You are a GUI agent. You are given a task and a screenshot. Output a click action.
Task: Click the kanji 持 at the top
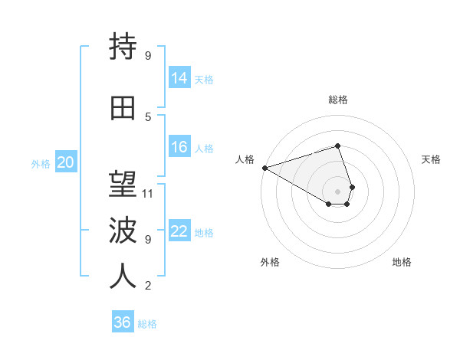(123, 47)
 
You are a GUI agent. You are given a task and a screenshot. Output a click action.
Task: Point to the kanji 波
(123, 231)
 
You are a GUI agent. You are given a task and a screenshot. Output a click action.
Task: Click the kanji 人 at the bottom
(123, 277)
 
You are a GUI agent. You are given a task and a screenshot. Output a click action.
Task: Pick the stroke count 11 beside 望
(148, 193)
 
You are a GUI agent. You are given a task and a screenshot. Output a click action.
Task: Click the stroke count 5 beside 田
(148, 116)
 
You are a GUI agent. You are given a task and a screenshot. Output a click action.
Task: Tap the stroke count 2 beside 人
(148, 286)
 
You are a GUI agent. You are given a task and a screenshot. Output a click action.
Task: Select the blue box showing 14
(179, 77)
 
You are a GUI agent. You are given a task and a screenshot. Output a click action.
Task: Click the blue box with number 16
(179, 147)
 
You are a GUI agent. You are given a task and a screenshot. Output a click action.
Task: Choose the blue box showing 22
(179, 231)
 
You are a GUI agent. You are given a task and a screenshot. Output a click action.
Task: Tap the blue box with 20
(66, 162)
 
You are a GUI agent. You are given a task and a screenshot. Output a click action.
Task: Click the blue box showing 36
(123, 322)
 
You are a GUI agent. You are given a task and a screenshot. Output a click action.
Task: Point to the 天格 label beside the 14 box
(204, 79)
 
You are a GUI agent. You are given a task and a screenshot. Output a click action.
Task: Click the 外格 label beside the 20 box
(41, 163)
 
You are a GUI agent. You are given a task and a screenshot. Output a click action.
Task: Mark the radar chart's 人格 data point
(264, 168)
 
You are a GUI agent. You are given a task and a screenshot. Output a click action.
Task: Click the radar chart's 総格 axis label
(338, 100)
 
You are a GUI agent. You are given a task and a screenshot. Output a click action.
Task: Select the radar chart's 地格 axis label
(402, 262)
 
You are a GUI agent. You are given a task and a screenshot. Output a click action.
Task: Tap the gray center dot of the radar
(338, 191)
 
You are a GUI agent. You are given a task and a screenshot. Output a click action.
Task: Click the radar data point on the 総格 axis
(338, 146)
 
